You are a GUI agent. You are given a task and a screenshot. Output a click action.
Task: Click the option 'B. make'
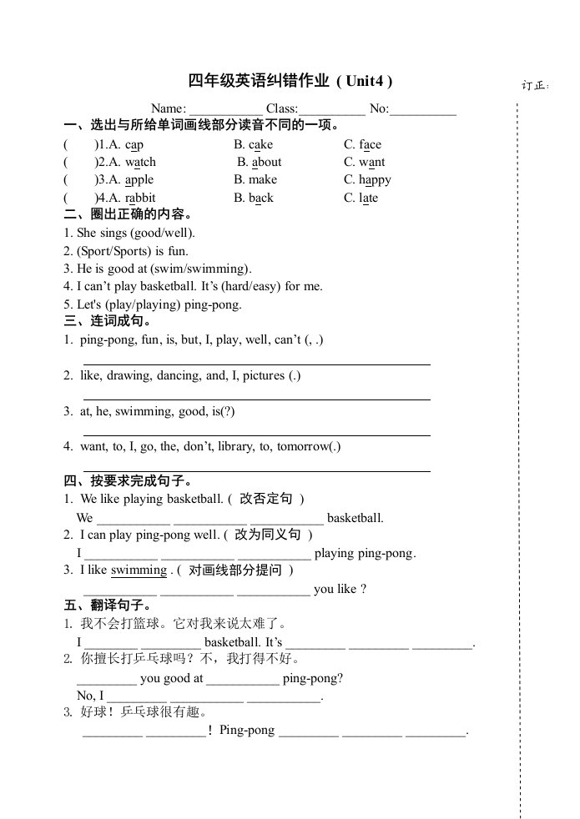pos(255,179)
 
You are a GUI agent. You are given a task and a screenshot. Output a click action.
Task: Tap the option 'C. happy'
pos(367,179)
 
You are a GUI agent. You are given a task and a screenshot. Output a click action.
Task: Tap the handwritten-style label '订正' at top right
pos(535,85)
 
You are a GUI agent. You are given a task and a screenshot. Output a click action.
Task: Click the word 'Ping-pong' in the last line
pos(247,731)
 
